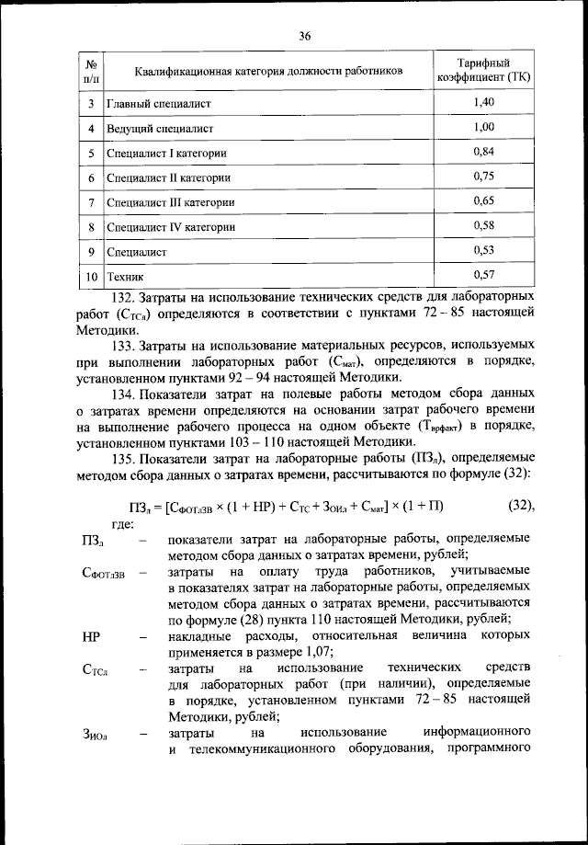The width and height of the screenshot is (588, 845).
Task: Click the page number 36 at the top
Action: click(305, 36)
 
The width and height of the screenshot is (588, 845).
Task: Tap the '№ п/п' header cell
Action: click(92, 71)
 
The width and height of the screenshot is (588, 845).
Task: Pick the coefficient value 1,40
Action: click(483, 102)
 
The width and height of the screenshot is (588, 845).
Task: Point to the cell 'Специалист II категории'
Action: click(168, 177)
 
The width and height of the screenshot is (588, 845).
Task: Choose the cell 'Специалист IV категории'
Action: click(170, 226)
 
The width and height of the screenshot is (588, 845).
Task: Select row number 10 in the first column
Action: click(92, 275)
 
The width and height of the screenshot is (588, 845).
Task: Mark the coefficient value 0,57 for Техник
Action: click(483, 273)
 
